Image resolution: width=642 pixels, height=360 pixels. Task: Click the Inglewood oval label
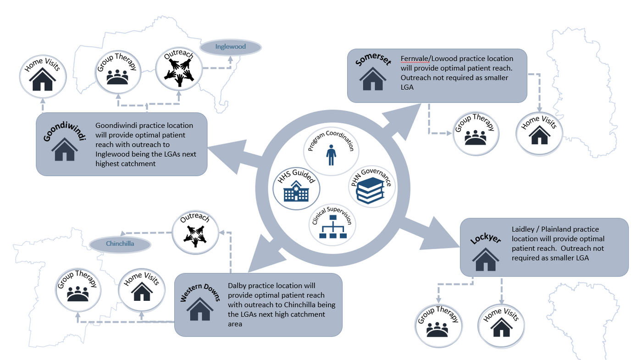(x=231, y=47)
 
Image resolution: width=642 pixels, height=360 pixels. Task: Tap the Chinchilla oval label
(x=120, y=244)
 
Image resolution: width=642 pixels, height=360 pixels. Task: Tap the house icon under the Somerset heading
(x=372, y=79)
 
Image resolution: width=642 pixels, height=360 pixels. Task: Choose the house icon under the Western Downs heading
(x=200, y=310)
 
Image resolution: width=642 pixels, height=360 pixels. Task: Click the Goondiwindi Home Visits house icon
(x=43, y=81)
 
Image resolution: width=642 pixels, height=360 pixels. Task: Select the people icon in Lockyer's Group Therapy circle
(x=437, y=329)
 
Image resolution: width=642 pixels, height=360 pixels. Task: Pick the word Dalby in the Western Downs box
(x=237, y=286)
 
